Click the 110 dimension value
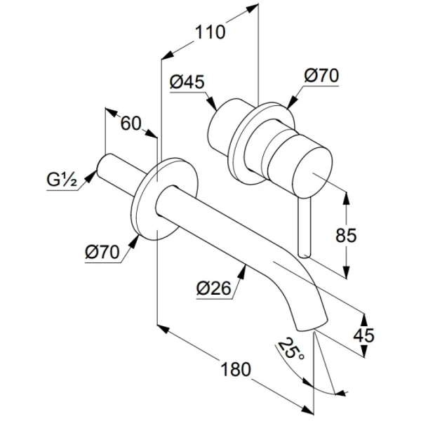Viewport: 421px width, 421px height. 210,32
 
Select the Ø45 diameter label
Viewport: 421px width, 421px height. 187,83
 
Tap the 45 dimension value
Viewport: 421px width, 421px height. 363,335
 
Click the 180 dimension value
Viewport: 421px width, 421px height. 232,370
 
